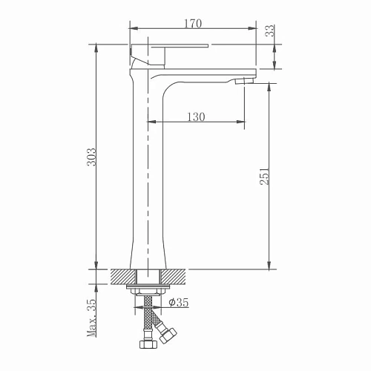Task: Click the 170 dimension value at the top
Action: coord(192,24)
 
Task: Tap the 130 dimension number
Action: coord(196,116)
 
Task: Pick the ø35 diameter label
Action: coord(179,302)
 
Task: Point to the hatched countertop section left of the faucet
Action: coord(120,277)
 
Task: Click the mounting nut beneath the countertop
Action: coord(148,291)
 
